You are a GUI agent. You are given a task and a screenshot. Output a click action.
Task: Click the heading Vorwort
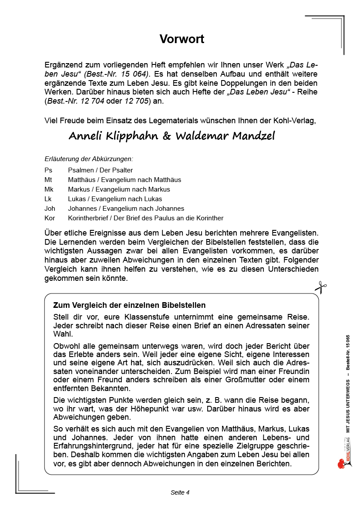tap(182, 39)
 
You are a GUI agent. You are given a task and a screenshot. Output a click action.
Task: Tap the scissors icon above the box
tap(321, 287)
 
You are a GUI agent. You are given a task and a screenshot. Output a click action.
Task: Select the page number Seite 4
tap(180, 492)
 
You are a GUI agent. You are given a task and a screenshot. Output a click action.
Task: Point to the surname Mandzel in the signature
tap(253, 136)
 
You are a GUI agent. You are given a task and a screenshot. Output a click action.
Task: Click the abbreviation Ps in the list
tap(48, 170)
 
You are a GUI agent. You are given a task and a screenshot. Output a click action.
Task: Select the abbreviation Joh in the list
tap(50, 209)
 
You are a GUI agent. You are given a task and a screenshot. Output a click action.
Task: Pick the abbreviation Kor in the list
tap(50, 218)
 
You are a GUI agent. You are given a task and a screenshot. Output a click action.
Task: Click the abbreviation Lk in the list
tap(48, 199)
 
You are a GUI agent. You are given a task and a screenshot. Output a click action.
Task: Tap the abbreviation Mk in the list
tap(49, 189)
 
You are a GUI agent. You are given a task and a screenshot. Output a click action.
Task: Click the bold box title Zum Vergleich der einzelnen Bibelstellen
tap(129, 305)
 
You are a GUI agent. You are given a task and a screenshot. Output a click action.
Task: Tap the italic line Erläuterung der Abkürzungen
tap(89, 159)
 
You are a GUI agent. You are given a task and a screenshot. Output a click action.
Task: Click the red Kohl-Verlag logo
tap(342, 462)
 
